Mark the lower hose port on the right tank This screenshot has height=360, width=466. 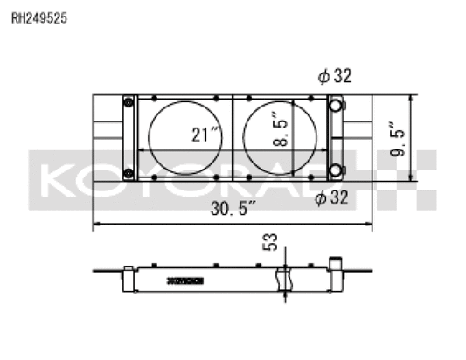[x=334, y=169]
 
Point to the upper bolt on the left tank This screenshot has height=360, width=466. [x=129, y=103]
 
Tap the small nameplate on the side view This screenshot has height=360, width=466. [x=184, y=280]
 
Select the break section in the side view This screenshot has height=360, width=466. [x=281, y=280]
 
